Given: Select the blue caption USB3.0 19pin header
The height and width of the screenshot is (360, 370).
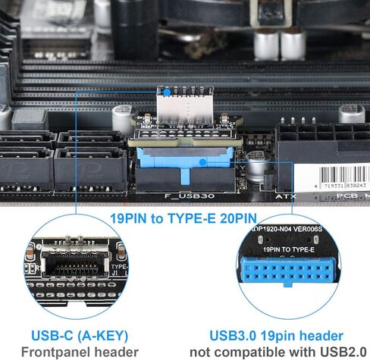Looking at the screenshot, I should coord(277,335).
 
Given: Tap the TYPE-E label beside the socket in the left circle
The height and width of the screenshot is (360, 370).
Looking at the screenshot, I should coord(120,267).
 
